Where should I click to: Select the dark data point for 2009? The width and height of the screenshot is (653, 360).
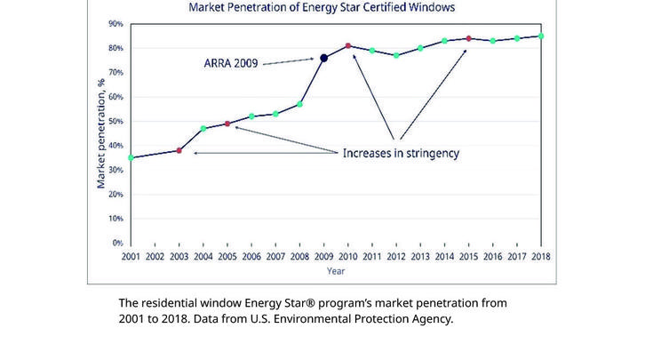pos(323,58)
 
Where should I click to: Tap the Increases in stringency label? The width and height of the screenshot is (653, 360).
pos(401,153)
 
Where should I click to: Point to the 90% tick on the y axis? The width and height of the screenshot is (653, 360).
pos(116,24)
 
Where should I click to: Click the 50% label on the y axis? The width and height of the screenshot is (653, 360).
pos(116,121)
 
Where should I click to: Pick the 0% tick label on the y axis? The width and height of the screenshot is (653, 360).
pos(117,242)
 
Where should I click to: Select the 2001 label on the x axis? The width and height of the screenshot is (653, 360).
pos(131,258)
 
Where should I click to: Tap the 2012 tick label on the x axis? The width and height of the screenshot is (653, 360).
pos(396,258)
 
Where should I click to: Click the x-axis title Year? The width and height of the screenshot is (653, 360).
pos(336,270)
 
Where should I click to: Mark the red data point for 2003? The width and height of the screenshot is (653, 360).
pos(179,150)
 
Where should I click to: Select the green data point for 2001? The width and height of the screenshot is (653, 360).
pos(131,157)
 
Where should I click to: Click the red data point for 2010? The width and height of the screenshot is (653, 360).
pos(348,45)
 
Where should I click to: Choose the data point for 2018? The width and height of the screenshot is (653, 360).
pos(541,36)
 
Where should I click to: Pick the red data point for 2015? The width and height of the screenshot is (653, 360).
pos(468,38)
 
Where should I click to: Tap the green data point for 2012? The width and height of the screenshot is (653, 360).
pos(396,55)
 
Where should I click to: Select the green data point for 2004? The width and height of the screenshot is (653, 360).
pos(203,128)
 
